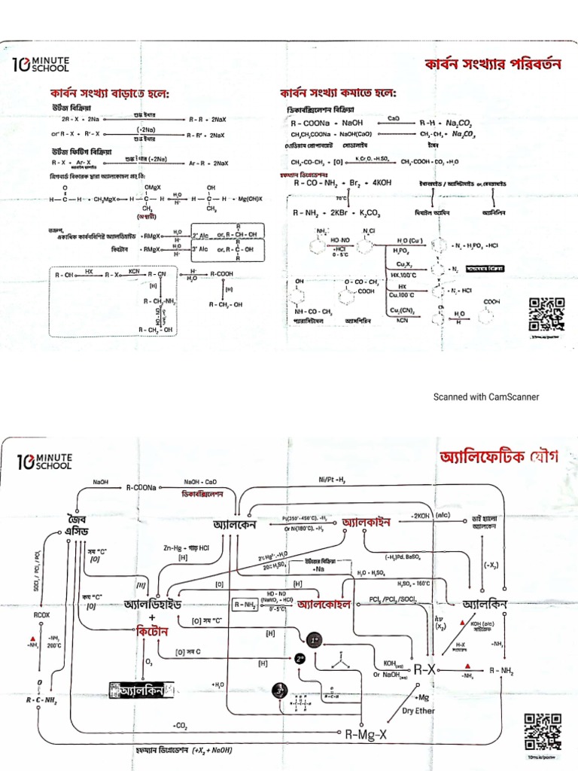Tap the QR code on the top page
pos(546,315)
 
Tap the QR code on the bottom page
pos(542,729)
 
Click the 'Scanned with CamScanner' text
pos(485,397)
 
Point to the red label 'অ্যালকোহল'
pos(324,604)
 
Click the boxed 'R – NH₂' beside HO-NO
pos(245,604)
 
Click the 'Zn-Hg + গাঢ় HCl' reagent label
pos(186,547)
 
